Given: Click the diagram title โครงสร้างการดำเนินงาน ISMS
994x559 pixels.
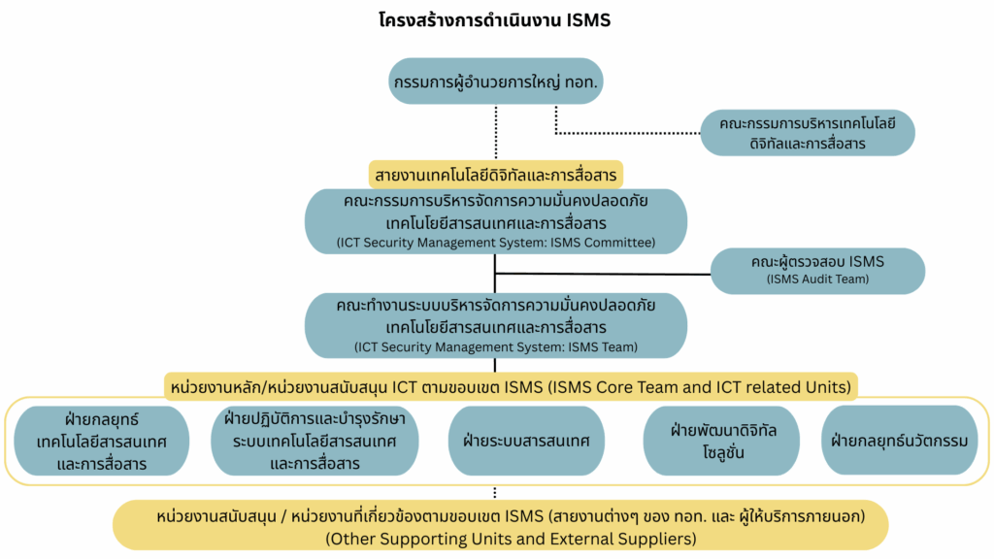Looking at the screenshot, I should [x=496, y=20].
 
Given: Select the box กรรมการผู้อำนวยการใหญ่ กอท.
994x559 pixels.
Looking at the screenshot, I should [x=496, y=81].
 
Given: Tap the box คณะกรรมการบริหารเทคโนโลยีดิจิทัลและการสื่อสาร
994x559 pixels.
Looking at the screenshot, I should [x=808, y=133].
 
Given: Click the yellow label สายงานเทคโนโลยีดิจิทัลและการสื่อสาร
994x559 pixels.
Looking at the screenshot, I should [x=496, y=175].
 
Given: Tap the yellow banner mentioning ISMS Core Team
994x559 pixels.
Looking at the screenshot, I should [x=511, y=387].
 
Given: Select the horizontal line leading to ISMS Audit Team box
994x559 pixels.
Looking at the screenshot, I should [x=602, y=273].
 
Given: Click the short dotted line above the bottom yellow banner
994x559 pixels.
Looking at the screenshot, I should [x=496, y=492].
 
